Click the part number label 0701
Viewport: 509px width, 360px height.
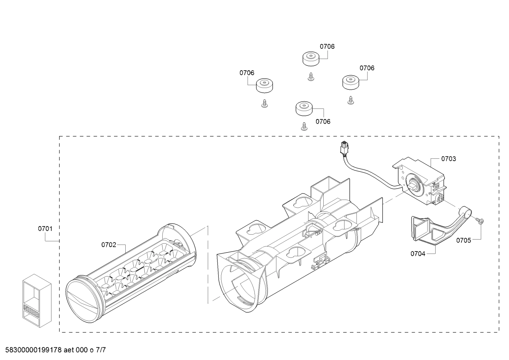point(45,229)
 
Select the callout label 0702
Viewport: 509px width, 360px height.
point(109,244)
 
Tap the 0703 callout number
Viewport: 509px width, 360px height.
point(448,159)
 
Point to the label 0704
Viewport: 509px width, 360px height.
point(418,253)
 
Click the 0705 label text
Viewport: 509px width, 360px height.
point(463,240)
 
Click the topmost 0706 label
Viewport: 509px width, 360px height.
point(327,46)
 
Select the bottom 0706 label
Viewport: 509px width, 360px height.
point(323,122)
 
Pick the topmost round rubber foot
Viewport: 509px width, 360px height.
point(311,58)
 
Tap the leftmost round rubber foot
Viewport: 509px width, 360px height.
point(265,85)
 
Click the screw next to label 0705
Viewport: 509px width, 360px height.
point(480,221)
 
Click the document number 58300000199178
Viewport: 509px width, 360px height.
point(31,350)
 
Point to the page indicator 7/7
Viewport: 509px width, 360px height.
point(101,350)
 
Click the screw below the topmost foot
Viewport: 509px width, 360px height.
point(311,77)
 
